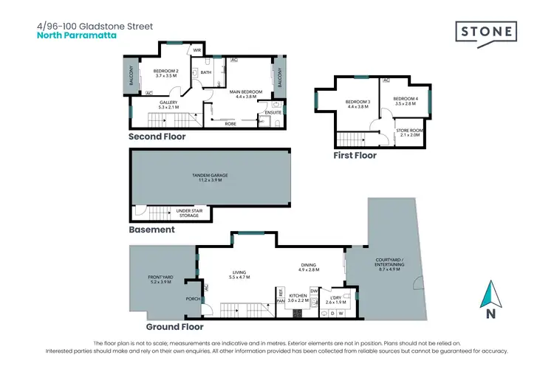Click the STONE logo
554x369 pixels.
(x=485, y=34)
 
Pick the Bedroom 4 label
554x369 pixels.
(x=406, y=101)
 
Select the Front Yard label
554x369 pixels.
(x=160, y=279)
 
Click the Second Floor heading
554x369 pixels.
(x=157, y=137)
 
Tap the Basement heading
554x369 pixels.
(x=151, y=230)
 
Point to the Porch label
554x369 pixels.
(x=191, y=299)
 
